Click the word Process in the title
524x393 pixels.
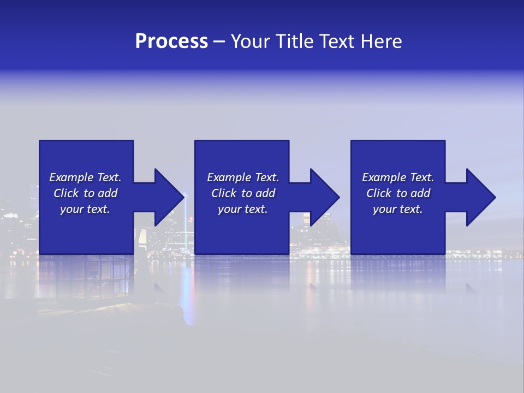(x=171, y=41)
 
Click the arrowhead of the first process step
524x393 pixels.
(x=169, y=197)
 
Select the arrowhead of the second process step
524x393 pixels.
(x=325, y=197)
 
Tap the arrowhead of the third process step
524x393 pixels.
(x=481, y=197)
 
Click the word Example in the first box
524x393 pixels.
(x=72, y=177)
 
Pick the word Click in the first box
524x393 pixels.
(x=66, y=193)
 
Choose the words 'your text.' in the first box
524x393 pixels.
(x=85, y=209)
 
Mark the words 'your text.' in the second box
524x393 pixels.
(x=243, y=209)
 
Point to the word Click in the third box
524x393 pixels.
(x=379, y=193)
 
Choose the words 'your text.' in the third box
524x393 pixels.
(x=398, y=209)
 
